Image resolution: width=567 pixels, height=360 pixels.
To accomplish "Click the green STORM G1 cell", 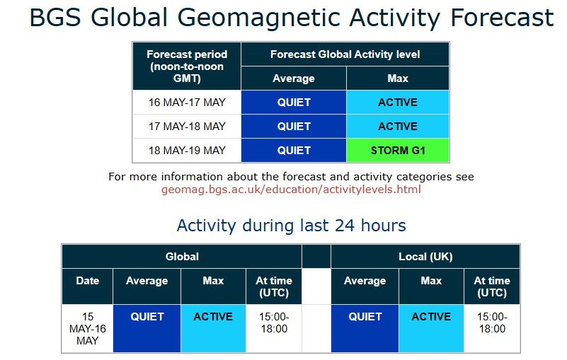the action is pyautogui.click(x=398, y=151).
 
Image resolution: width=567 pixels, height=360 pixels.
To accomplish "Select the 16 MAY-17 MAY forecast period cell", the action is pyautogui.click(x=187, y=103).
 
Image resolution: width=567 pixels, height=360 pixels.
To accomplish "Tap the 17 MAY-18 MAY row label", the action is pyautogui.click(x=187, y=127).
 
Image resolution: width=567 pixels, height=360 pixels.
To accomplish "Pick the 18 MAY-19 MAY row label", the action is pyautogui.click(x=187, y=151).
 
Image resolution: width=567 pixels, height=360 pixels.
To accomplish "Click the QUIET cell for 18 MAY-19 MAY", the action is pyautogui.click(x=294, y=151).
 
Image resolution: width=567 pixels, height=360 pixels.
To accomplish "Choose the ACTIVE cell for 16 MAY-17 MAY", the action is pyautogui.click(x=398, y=103).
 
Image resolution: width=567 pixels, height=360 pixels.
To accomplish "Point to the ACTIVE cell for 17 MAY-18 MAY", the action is pyautogui.click(x=398, y=127).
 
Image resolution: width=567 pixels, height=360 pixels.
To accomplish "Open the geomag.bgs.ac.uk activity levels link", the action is pyautogui.click(x=291, y=190).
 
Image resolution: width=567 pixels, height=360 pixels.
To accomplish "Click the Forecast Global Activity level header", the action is pyautogui.click(x=345, y=54).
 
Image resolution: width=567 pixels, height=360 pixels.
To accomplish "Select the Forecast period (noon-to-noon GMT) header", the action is pyautogui.click(x=187, y=66).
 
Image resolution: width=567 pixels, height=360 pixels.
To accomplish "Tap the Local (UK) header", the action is pyautogui.click(x=425, y=257).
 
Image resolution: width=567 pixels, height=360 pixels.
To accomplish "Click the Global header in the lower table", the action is pyautogui.click(x=182, y=257).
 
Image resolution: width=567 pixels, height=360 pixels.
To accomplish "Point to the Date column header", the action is pyautogui.click(x=88, y=281).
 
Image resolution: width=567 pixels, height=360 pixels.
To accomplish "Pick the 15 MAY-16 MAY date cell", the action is pyautogui.click(x=88, y=329).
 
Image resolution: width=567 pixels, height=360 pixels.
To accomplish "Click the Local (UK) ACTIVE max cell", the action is pyautogui.click(x=431, y=329).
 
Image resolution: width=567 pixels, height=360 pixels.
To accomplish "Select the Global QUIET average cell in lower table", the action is pyautogui.click(x=147, y=329).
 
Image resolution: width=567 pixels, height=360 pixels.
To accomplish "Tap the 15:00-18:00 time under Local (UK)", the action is pyautogui.click(x=492, y=323).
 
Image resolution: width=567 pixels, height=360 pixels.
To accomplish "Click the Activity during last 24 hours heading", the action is pyautogui.click(x=291, y=226).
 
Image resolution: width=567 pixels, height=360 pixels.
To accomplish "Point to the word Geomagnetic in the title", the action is pyautogui.click(x=260, y=18).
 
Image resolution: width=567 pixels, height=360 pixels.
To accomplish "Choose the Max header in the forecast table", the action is pyautogui.click(x=398, y=78).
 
